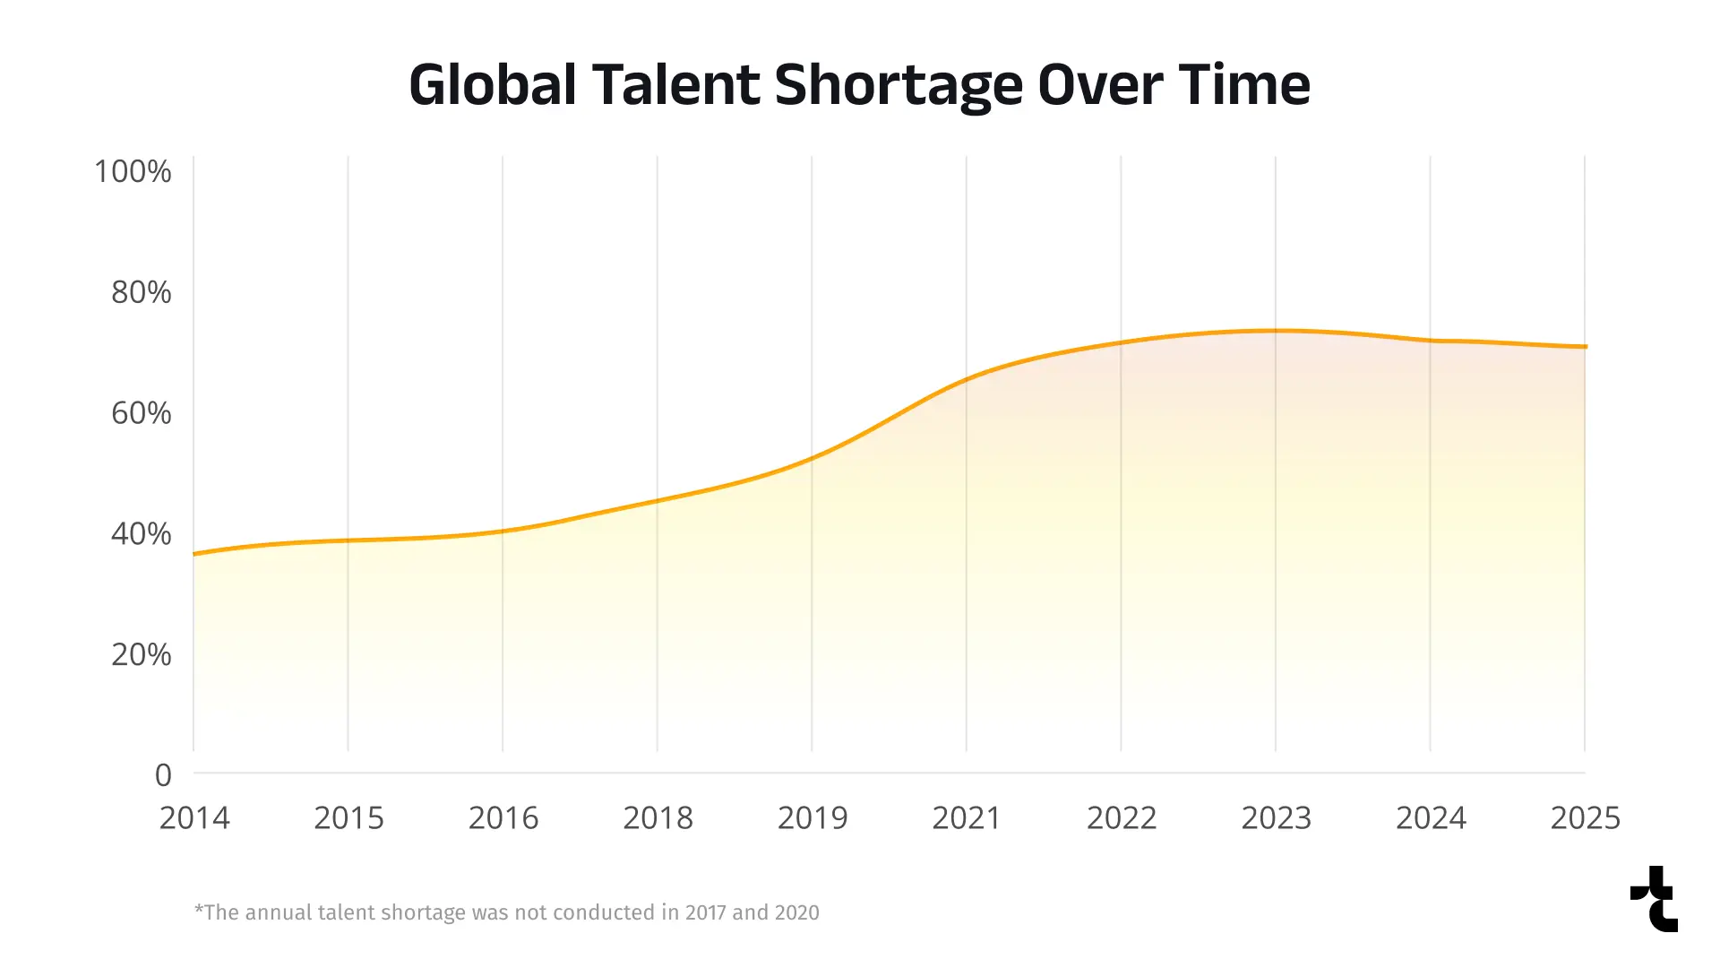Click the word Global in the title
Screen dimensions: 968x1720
(492, 85)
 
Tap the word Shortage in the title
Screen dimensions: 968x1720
(898, 85)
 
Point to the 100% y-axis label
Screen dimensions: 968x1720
(133, 171)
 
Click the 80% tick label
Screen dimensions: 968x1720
(141, 292)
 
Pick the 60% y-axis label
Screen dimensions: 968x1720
(141, 413)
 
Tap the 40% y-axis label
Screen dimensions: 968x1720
(141, 534)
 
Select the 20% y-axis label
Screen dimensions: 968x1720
(141, 655)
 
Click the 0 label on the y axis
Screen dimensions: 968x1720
(163, 775)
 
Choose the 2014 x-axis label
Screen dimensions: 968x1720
(194, 818)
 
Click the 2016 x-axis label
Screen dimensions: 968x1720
(503, 818)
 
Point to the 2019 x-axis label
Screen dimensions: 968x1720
(813, 818)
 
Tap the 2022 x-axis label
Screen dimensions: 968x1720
(1122, 818)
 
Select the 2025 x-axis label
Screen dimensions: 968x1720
(1585, 818)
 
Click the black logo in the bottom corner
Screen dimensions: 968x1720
(1655, 899)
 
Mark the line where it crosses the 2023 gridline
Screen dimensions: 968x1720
(1276, 331)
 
